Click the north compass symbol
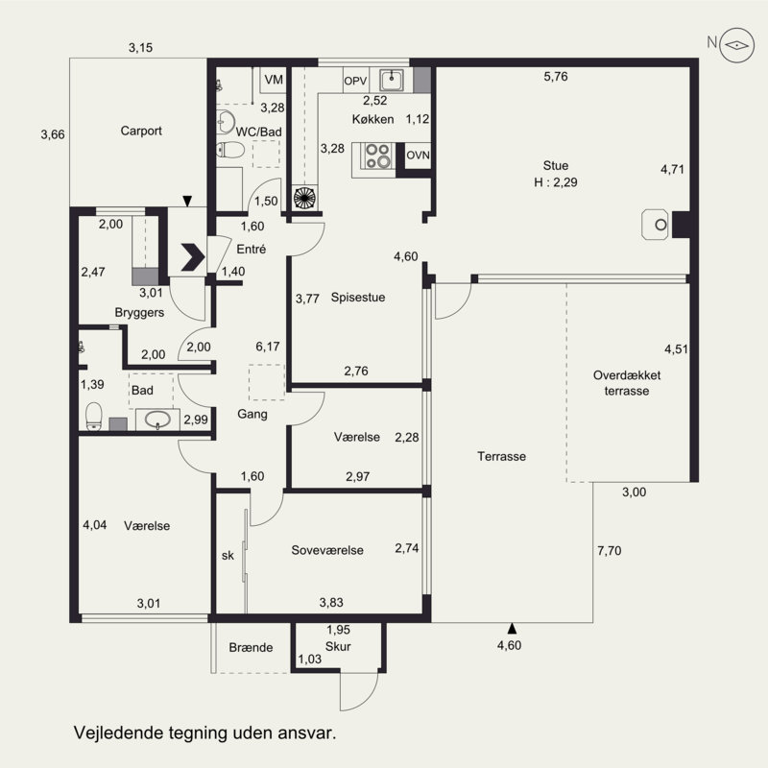[x=736, y=45]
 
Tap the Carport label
[x=141, y=131]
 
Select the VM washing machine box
[x=274, y=80]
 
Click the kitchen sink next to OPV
[x=392, y=80]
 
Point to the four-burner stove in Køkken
[x=377, y=156]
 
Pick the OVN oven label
[x=418, y=156]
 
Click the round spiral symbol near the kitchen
[x=304, y=198]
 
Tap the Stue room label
[x=556, y=165]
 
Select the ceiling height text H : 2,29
[x=556, y=182]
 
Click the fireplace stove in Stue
[x=656, y=225]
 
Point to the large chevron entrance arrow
[x=193, y=256]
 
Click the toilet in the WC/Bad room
[x=229, y=150]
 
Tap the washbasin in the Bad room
[x=157, y=420]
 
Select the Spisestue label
[x=358, y=298]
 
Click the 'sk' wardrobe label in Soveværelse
[x=228, y=556]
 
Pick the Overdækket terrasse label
[x=627, y=383]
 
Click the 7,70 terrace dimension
[x=610, y=550]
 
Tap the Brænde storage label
[x=251, y=647]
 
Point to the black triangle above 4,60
[x=512, y=629]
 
